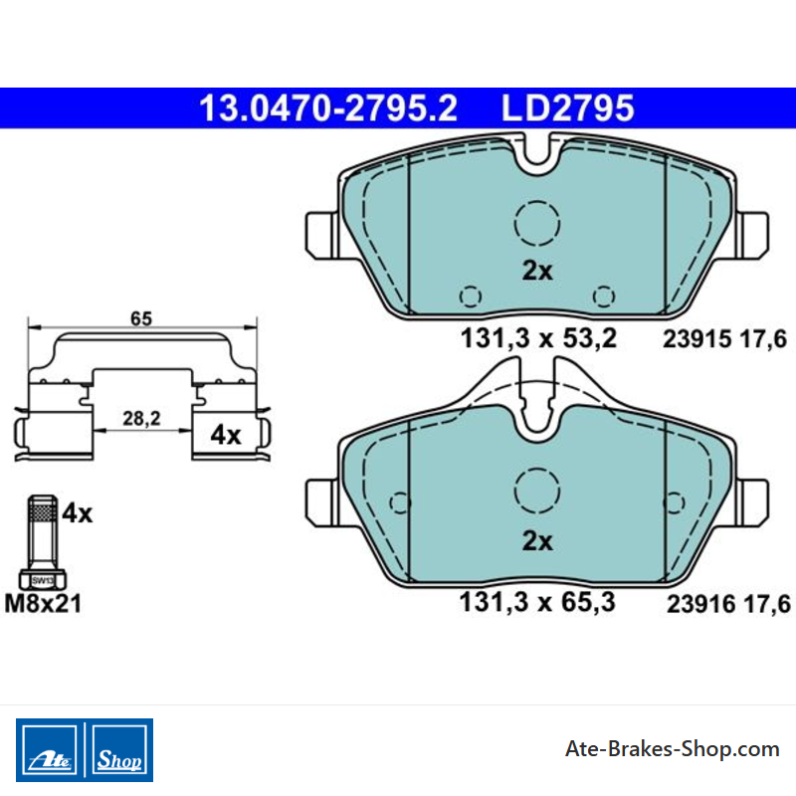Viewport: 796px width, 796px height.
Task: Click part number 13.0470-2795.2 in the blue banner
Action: [328, 108]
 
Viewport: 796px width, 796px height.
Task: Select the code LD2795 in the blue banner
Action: [567, 108]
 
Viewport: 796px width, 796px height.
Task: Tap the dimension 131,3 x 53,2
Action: [538, 338]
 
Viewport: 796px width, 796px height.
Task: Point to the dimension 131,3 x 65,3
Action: [537, 602]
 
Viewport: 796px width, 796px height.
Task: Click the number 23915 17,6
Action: [724, 339]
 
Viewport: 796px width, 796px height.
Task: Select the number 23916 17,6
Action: [728, 604]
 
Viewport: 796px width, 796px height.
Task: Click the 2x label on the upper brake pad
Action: [537, 271]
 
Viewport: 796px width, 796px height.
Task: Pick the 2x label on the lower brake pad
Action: [537, 541]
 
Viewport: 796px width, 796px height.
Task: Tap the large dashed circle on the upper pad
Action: [537, 201]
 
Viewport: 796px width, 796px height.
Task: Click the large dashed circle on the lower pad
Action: [537, 469]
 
